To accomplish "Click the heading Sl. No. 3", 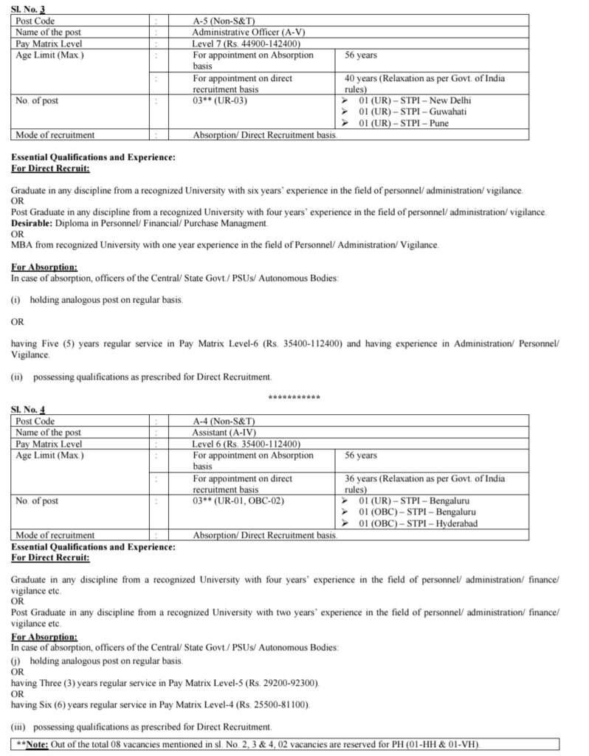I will tap(29, 8).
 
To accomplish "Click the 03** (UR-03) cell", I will tap(219, 100).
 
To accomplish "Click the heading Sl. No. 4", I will tap(29, 409).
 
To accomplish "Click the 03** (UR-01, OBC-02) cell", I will tap(238, 501).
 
